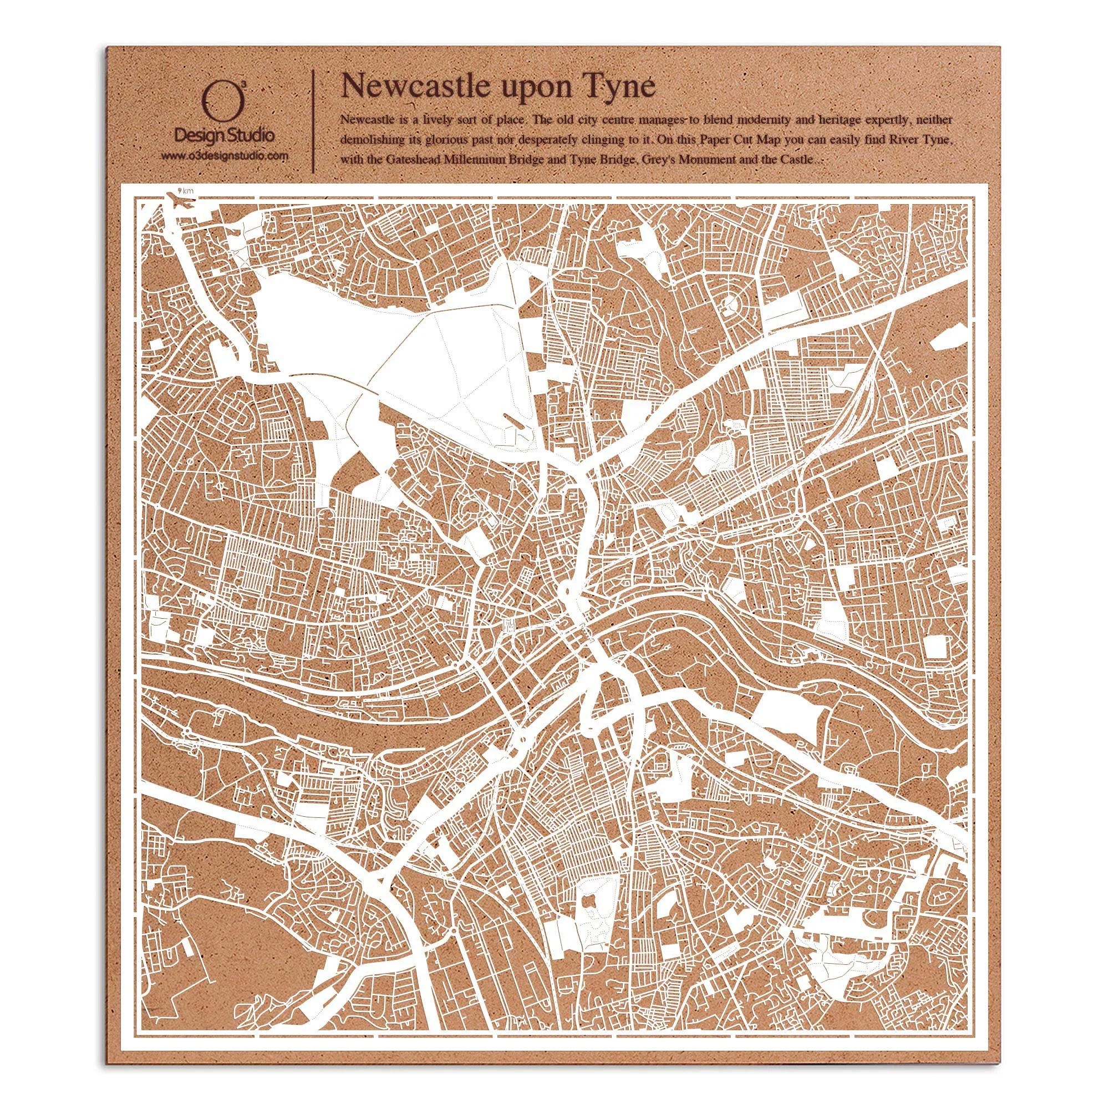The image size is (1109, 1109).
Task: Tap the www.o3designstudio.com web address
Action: pos(224,156)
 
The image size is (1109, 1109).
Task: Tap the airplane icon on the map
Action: pos(179,202)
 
